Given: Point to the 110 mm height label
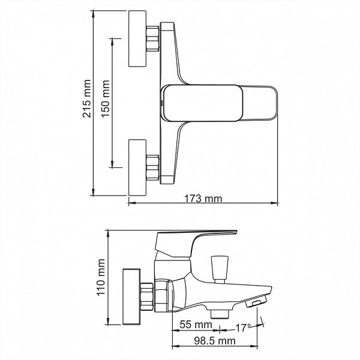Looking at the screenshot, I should [101, 277].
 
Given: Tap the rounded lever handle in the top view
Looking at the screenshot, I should [221, 103].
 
